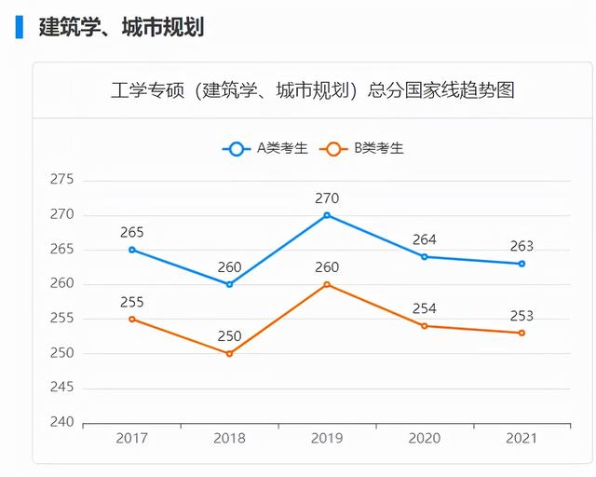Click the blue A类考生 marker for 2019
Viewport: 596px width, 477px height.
[x=327, y=215]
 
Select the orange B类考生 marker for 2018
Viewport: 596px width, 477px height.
[x=229, y=354]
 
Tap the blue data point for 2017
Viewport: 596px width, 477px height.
[x=132, y=250]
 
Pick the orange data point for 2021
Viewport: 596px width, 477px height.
[x=521, y=333]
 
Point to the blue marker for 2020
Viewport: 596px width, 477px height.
[x=425, y=256]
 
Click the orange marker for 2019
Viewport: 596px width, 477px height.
[x=327, y=284]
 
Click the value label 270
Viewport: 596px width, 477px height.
[x=327, y=198]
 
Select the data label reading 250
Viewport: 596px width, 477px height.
[x=229, y=336]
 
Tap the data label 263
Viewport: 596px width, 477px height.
[x=521, y=246]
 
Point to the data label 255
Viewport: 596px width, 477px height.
[x=132, y=302]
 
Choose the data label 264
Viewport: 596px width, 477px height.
[x=425, y=239]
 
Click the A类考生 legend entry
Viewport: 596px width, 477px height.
[x=264, y=148]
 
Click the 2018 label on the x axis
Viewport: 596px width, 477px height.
[x=229, y=438]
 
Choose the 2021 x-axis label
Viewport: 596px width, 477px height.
[x=521, y=438]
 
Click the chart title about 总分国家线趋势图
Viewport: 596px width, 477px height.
[x=312, y=90]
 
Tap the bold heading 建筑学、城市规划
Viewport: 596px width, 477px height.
[x=121, y=26]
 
